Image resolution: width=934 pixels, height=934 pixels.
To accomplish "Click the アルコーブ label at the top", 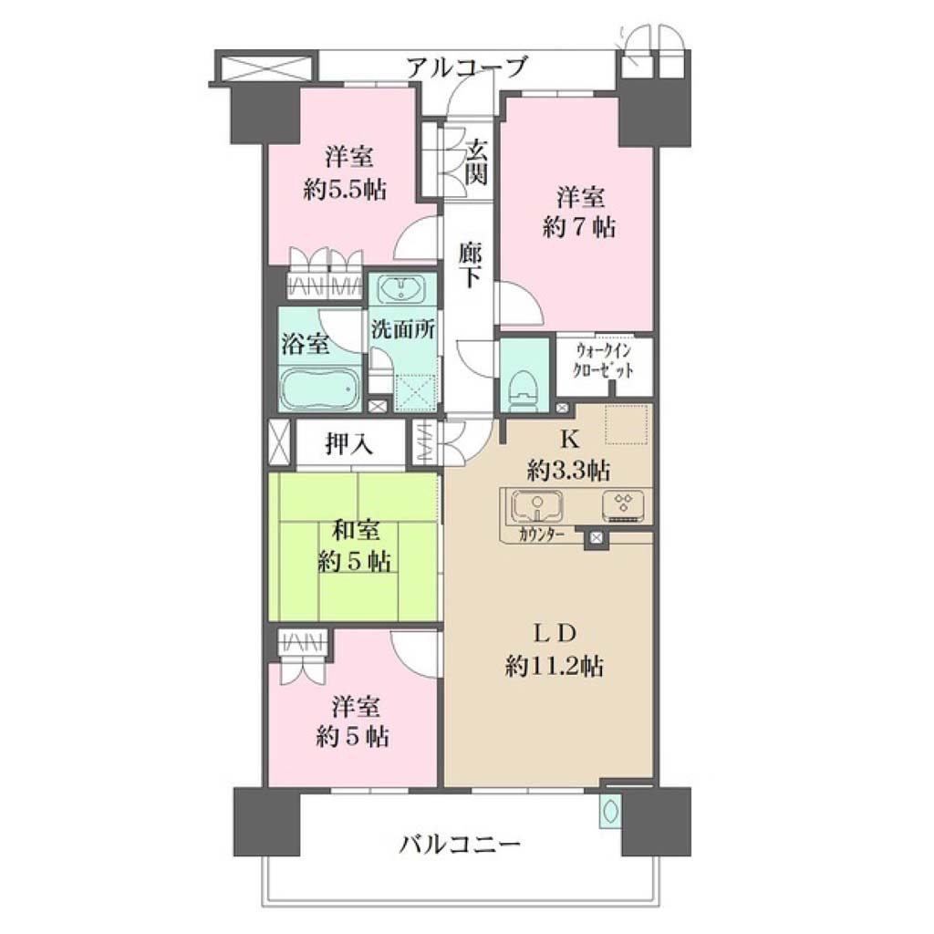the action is point(467,67).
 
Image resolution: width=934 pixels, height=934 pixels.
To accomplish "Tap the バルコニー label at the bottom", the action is point(460,844).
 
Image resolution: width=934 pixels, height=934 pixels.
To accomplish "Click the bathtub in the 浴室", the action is point(320,388).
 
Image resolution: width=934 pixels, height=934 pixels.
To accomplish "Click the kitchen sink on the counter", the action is point(537,505).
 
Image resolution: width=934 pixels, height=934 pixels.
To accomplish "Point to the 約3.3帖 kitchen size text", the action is point(568,471).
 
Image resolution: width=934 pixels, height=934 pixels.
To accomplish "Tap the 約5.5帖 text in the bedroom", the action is point(345,190).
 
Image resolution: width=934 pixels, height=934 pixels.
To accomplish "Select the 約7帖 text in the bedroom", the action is point(578,227).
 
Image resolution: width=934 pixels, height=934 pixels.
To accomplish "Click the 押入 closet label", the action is point(349,443).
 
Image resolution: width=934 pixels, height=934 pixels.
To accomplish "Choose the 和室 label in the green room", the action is point(356,531).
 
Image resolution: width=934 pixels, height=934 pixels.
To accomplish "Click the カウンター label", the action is point(541,534).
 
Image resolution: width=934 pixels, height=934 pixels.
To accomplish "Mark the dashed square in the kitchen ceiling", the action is point(626,424).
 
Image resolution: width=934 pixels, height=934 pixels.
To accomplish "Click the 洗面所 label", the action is point(402,328).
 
